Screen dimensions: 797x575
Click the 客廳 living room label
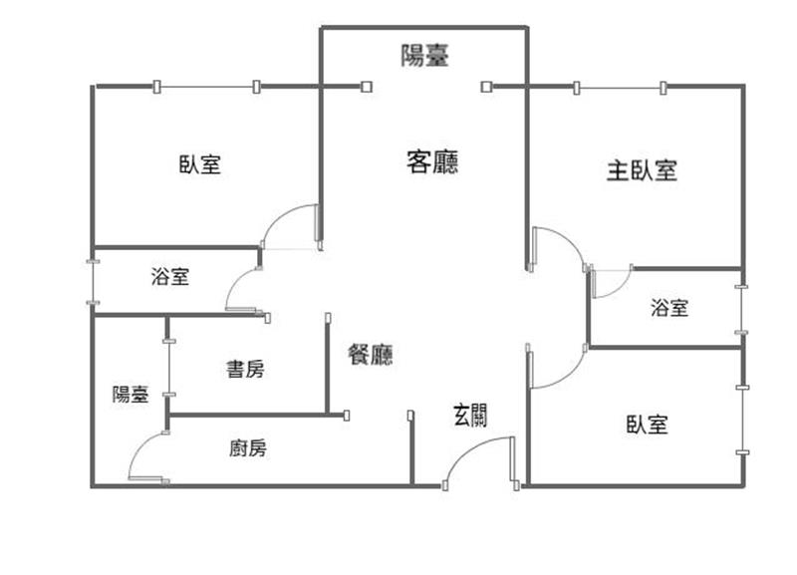click(x=432, y=161)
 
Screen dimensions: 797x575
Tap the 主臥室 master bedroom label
click(x=642, y=170)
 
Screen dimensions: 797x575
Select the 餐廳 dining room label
click(x=371, y=355)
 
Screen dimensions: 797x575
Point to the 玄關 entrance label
click(x=470, y=416)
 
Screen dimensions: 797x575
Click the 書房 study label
click(x=245, y=369)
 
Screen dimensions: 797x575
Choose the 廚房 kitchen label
click(x=248, y=448)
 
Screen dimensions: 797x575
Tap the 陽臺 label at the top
click(x=425, y=55)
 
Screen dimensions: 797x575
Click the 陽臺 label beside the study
click(x=131, y=394)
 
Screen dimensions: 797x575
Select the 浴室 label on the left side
click(x=170, y=276)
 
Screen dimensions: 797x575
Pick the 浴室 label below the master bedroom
click(x=669, y=308)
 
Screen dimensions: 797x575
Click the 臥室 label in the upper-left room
click(x=200, y=164)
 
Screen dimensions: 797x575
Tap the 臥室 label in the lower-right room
click(x=647, y=425)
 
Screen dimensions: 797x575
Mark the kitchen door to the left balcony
click(x=141, y=447)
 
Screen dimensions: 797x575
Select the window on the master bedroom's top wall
click(x=620, y=88)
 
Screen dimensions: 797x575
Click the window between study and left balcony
click(x=169, y=367)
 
